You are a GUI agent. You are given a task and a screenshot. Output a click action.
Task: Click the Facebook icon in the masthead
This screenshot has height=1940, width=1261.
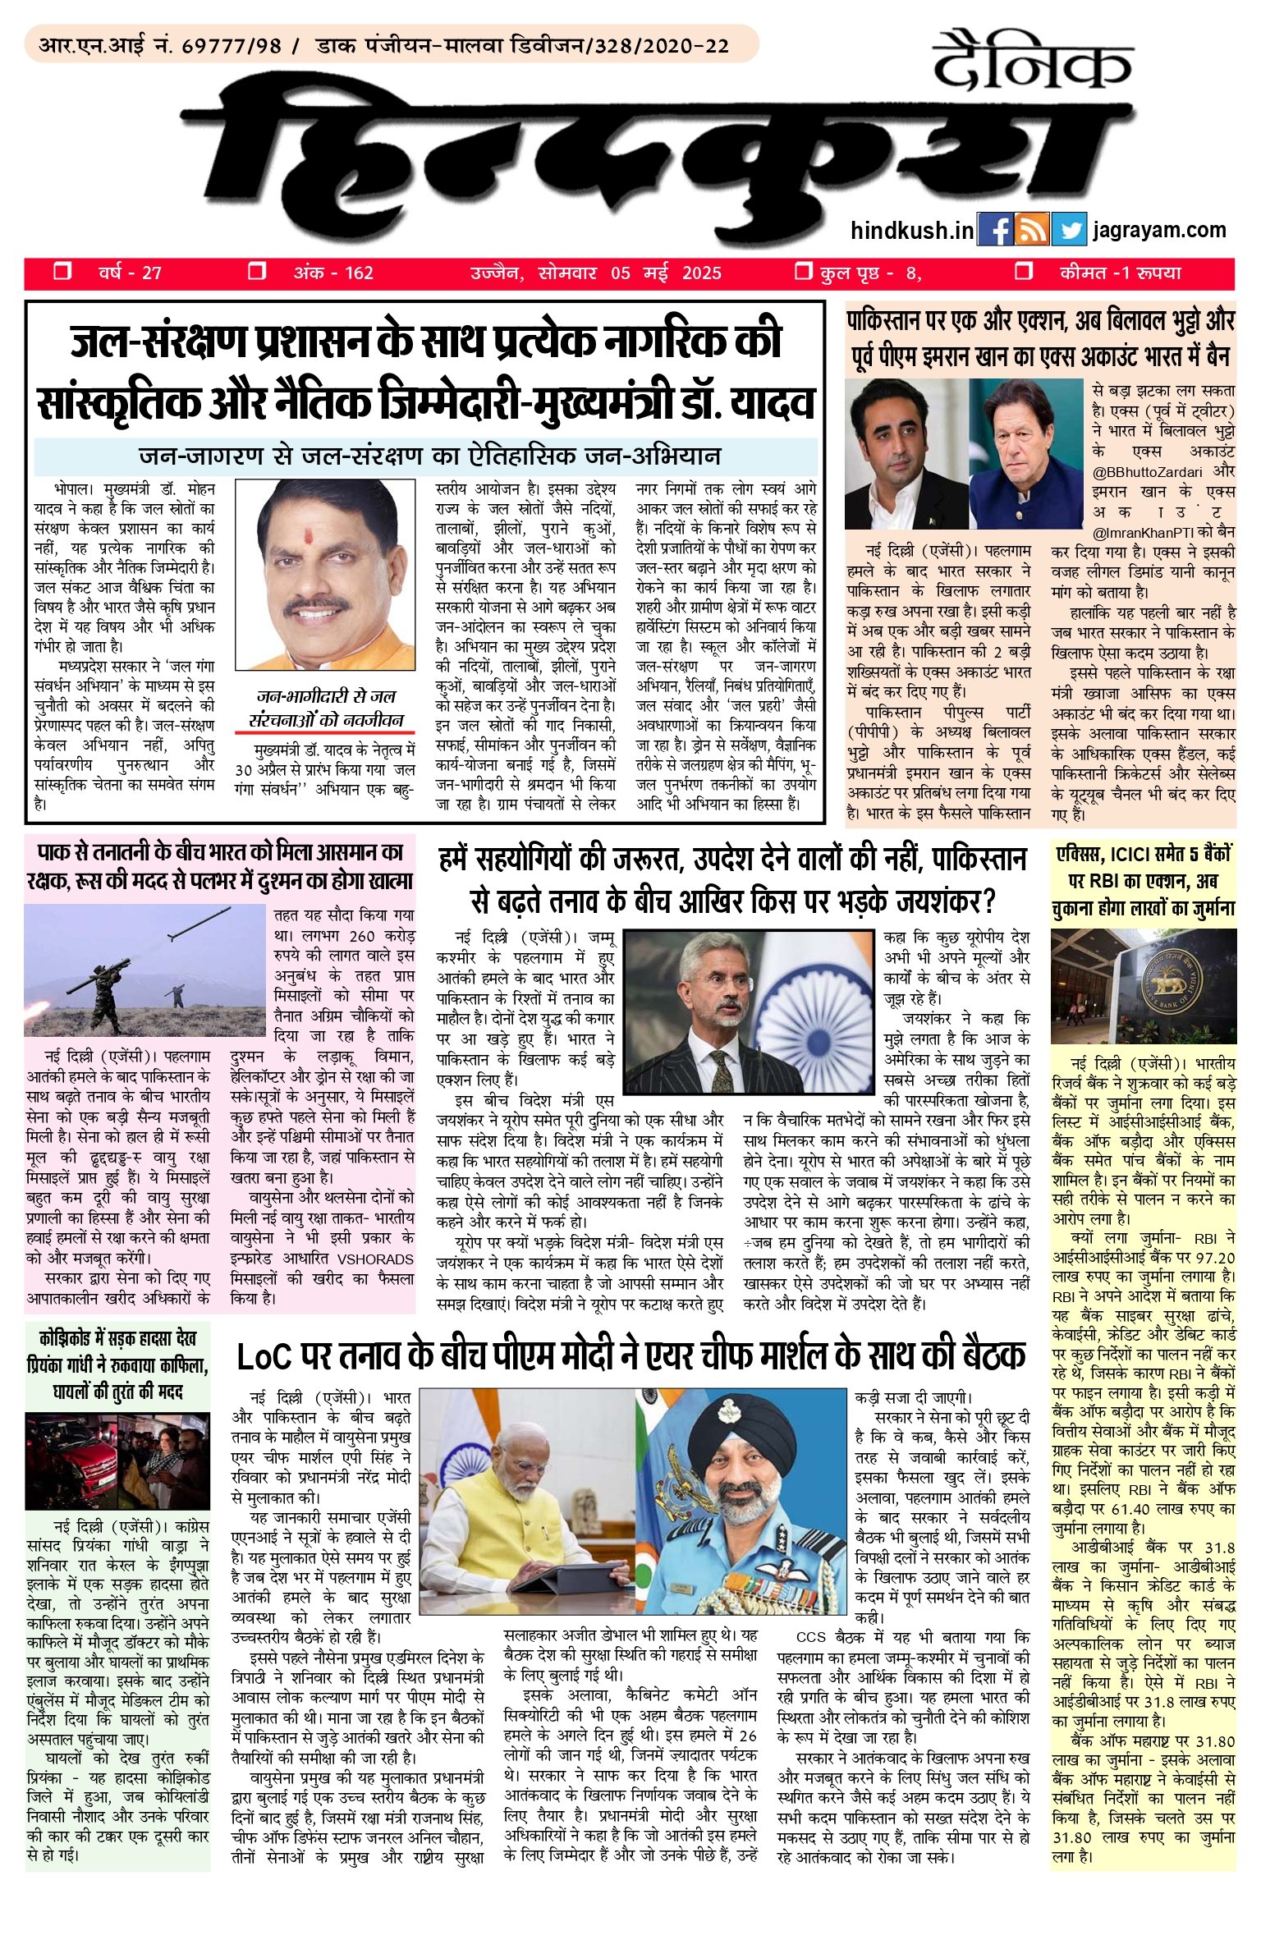(995, 231)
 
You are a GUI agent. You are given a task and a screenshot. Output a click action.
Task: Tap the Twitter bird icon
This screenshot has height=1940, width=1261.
(1069, 231)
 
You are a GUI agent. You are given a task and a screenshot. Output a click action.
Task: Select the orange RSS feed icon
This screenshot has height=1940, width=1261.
(1032, 231)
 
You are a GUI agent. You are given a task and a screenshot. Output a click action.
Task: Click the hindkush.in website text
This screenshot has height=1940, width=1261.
(911, 231)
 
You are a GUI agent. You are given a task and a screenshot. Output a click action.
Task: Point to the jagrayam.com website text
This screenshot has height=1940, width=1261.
(1158, 230)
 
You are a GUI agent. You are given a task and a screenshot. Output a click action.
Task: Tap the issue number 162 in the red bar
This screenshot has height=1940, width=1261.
(358, 273)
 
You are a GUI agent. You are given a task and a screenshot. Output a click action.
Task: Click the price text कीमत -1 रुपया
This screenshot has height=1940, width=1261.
(1120, 273)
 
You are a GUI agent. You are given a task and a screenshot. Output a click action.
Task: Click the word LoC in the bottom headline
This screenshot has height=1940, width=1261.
(264, 1357)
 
